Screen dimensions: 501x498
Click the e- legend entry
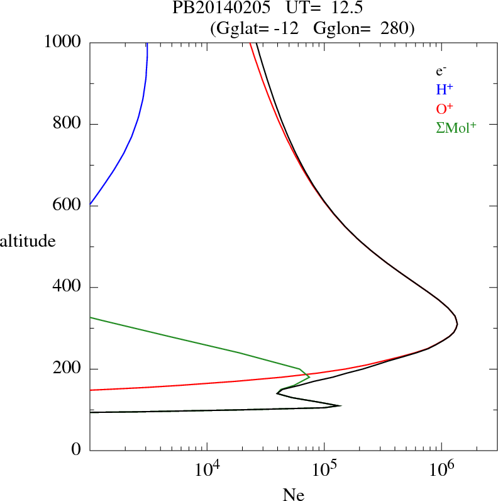(x=441, y=71)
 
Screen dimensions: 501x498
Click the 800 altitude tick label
(x=68, y=123)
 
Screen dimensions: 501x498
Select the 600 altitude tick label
(x=68, y=205)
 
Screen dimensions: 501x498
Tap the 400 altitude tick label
(x=68, y=287)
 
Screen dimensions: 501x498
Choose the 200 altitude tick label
(x=68, y=369)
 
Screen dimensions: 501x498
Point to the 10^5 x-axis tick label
(x=324, y=469)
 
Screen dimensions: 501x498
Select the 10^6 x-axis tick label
(x=441, y=469)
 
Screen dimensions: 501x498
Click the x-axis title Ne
(x=294, y=494)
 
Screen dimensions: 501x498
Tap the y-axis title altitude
(x=28, y=240)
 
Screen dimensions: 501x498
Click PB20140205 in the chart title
(x=213, y=8)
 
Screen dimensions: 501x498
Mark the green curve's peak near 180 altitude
(x=309, y=377)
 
